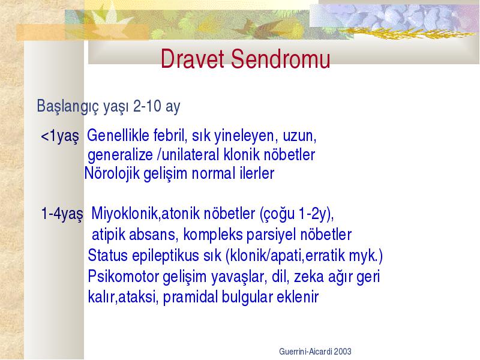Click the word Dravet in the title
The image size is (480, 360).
tap(192, 58)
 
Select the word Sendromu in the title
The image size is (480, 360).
tap(280, 58)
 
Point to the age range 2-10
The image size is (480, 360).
tap(147, 106)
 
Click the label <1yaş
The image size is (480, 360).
tap(60, 136)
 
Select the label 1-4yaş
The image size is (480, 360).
tap(62, 214)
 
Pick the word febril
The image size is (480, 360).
tap(170, 135)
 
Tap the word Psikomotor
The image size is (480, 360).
tap(123, 277)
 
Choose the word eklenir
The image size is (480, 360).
tap(298, 297)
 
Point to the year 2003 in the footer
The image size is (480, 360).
tap(343, 352)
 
